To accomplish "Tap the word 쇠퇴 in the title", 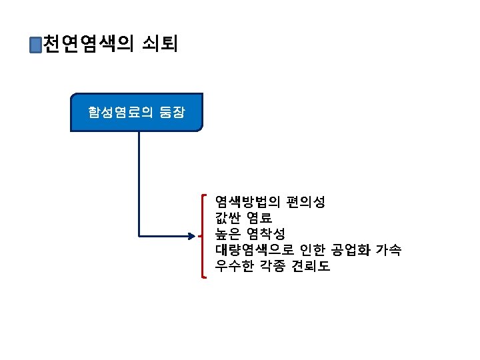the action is tap(159, 45).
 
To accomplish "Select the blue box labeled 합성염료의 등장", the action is tap(137, 112).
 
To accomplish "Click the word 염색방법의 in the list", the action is tap(247, 201).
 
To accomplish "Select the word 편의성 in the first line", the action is tap(305, 201).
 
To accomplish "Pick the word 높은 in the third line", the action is tap(227, 234).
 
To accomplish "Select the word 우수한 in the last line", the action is tap(234, 267).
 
